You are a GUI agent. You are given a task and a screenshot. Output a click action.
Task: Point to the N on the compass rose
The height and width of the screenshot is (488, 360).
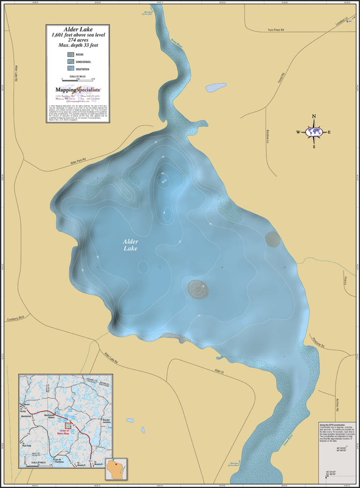tap(314, 117)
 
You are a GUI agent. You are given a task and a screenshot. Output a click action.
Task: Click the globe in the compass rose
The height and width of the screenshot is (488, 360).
tap(314, 132)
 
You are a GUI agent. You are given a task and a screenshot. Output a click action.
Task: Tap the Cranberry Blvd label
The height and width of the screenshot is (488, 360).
tap(15, 317)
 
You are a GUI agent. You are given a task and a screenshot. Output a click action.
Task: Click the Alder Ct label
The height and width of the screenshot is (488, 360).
tap(219, 371)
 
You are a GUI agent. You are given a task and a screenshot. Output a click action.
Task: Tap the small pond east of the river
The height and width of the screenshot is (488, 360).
tap(215, 87)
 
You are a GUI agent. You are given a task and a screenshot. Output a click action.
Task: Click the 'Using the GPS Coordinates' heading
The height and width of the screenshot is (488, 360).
tap(335, 424)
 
